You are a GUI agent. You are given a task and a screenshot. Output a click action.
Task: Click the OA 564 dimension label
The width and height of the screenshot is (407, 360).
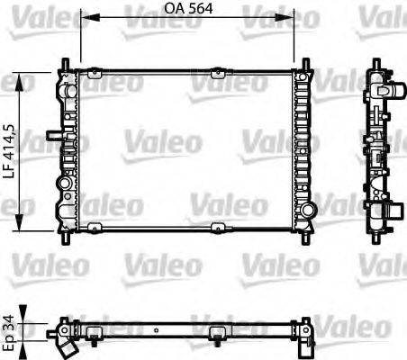[188, 11]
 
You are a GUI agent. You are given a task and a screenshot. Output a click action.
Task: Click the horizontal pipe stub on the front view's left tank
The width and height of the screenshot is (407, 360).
[54, 136]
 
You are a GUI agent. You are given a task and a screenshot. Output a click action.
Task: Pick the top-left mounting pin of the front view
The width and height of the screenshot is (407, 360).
[66, 63]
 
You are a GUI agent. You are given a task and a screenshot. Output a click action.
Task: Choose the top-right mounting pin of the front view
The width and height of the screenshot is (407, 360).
[305, 63]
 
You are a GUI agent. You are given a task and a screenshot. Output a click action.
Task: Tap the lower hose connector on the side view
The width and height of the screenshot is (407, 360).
[386, 212]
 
